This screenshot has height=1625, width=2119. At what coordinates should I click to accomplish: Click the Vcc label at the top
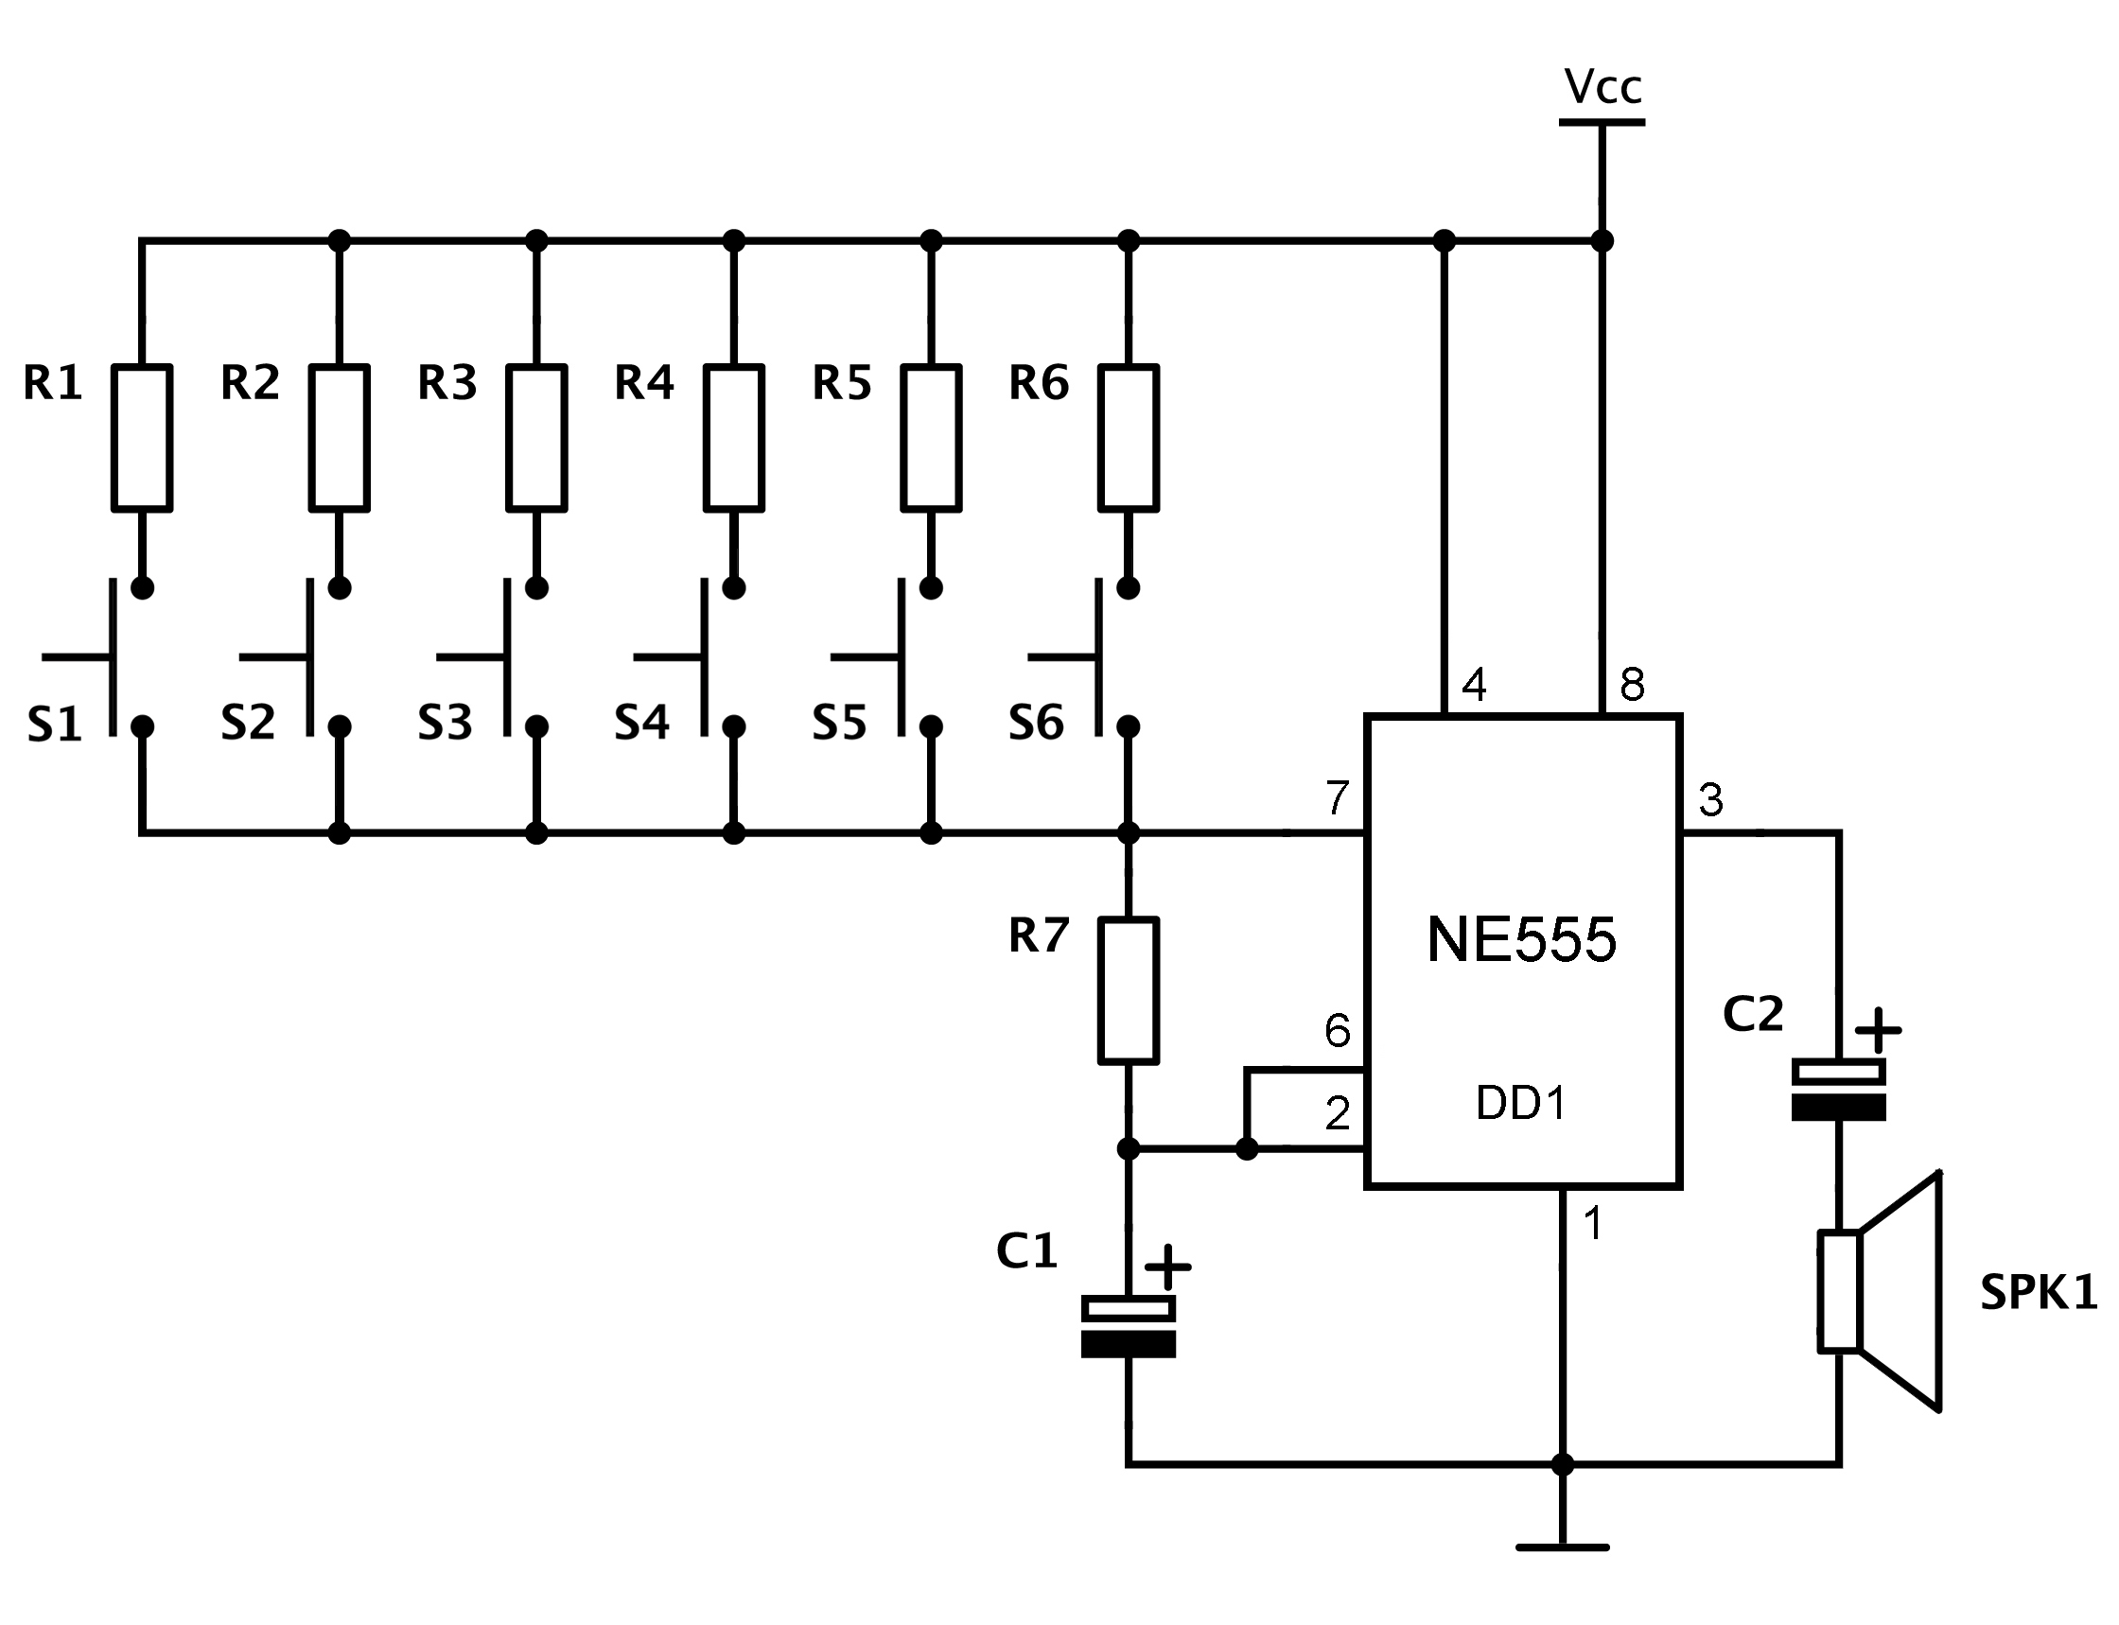point(1602,88)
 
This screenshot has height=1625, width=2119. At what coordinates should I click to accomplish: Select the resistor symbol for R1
point(142,437)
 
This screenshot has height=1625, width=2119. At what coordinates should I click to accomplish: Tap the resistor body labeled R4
point(734,437)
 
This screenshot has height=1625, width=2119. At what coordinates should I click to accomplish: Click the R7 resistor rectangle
point(1128,990)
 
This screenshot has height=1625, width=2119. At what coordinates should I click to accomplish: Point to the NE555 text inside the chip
point(1521,938)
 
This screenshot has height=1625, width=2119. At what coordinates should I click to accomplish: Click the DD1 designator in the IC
point(1521,1103)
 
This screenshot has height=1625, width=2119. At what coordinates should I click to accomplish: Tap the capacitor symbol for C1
point(1128,1326)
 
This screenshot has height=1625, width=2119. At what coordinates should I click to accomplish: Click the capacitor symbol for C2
point(1839,1089)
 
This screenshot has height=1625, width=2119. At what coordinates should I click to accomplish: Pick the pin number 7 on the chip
point(1338,798)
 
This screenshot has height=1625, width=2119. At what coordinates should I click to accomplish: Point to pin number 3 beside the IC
point(1711,800)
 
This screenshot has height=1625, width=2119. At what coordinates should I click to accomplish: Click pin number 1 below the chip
point(1593,1225)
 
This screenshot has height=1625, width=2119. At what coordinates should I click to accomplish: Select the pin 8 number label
point(1633,685)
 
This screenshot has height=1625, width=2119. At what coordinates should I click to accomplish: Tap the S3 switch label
point(445,723)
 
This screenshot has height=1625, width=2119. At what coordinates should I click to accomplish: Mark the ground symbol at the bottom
point(1562,1547)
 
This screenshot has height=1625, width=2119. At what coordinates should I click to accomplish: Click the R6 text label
point(1039,383)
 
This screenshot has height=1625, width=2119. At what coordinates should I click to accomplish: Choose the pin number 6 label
point(1338,1031)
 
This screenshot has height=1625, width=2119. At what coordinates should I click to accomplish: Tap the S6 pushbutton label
point(1036,723)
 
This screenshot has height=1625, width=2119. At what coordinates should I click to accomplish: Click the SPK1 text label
point(2039,1292)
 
